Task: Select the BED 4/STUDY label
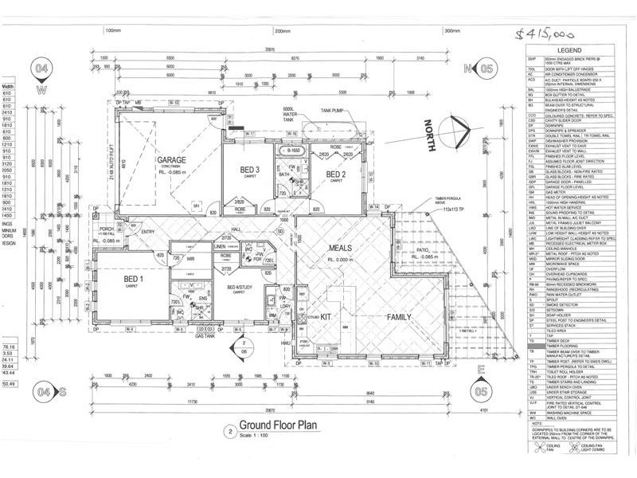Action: [240, 288]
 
